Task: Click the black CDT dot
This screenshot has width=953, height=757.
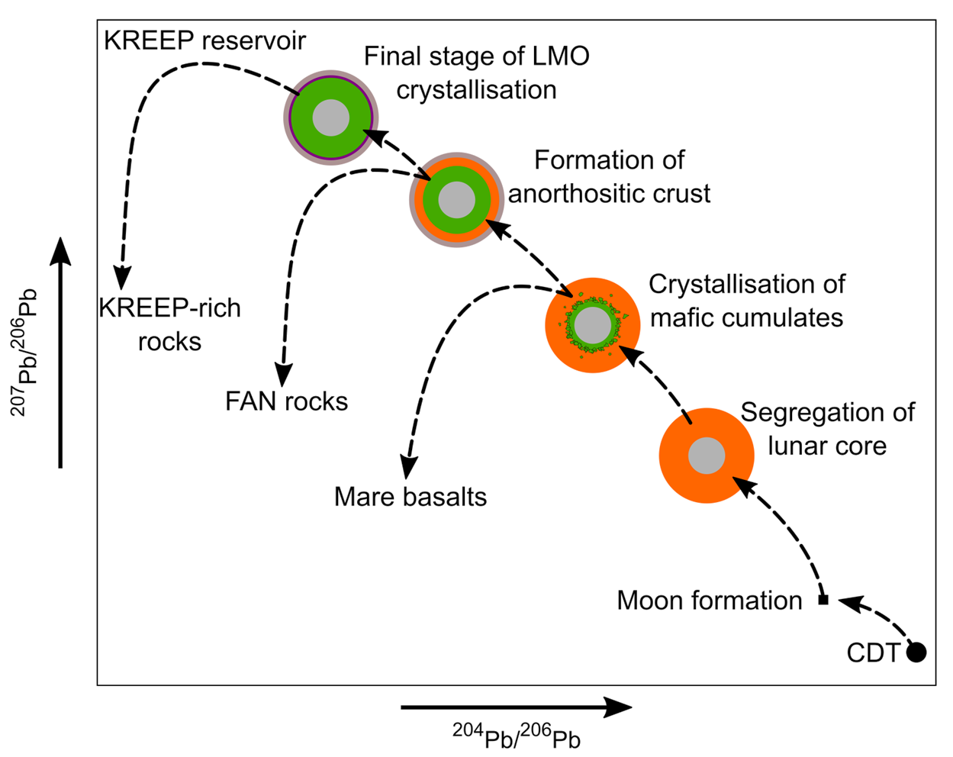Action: point(916,652)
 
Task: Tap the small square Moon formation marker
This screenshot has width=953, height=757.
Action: point(823,600)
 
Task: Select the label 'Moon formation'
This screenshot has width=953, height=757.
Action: point(709,601)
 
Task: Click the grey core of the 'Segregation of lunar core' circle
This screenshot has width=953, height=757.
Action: point(707,456)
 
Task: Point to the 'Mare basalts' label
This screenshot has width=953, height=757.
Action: point(410,497)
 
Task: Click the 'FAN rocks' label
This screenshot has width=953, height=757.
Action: point(286,401)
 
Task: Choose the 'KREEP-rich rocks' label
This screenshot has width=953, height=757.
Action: point(169,324)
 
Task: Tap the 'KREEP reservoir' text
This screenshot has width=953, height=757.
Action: point(204,40)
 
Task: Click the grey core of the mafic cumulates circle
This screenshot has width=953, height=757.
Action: point(592,326)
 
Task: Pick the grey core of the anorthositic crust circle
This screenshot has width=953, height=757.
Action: point(456,199)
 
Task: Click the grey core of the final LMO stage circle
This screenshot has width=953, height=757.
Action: point(331,118)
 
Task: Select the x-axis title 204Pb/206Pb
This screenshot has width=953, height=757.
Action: point(517,737)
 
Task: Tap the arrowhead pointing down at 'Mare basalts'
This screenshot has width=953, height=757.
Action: point(409,467)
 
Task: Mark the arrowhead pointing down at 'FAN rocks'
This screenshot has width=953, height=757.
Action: point(284,375)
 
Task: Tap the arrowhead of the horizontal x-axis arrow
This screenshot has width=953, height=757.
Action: point(620,707)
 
